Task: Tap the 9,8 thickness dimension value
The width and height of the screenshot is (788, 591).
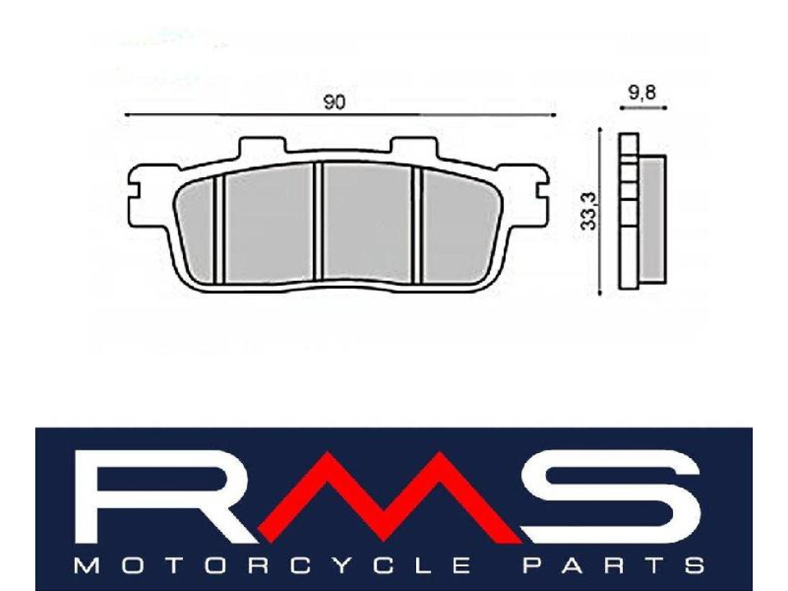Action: pos(641,93)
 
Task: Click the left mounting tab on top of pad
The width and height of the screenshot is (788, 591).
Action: pos(263,147)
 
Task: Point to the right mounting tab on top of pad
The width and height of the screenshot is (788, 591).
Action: pos(415,147)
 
